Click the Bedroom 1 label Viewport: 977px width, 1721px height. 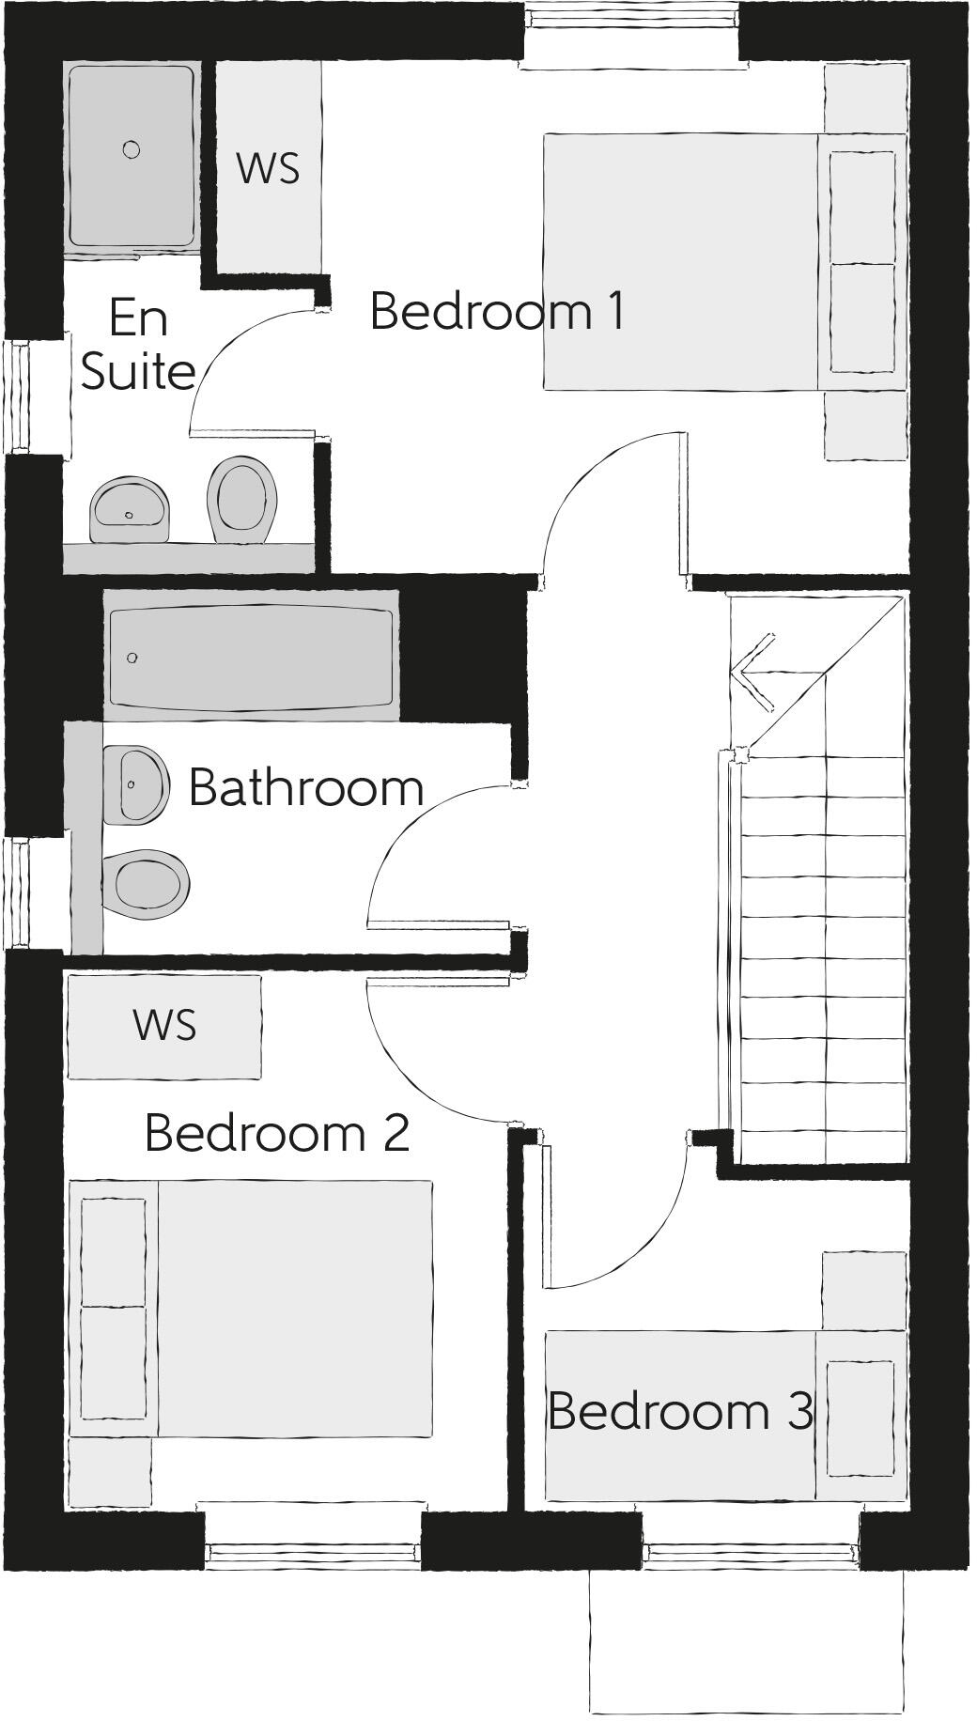coord(497,311)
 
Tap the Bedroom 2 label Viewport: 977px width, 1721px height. coord(277,1133)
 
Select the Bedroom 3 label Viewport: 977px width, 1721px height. coord(680,1411)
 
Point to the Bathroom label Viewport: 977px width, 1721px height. coord(306,787)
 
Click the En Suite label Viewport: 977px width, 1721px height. coord(138,344)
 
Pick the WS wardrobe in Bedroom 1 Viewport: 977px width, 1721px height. coord(269,168)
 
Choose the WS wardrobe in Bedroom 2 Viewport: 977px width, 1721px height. coord(164,1025)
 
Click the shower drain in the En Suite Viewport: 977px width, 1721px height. coord(132,149)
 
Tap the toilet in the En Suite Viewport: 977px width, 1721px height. coord(242,500)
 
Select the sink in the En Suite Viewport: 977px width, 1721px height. coord(130,511)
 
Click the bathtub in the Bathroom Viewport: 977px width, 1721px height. coord(250,657)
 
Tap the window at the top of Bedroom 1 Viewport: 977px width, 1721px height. coord(631,19)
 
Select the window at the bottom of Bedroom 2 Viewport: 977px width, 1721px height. coord(312,1557)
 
